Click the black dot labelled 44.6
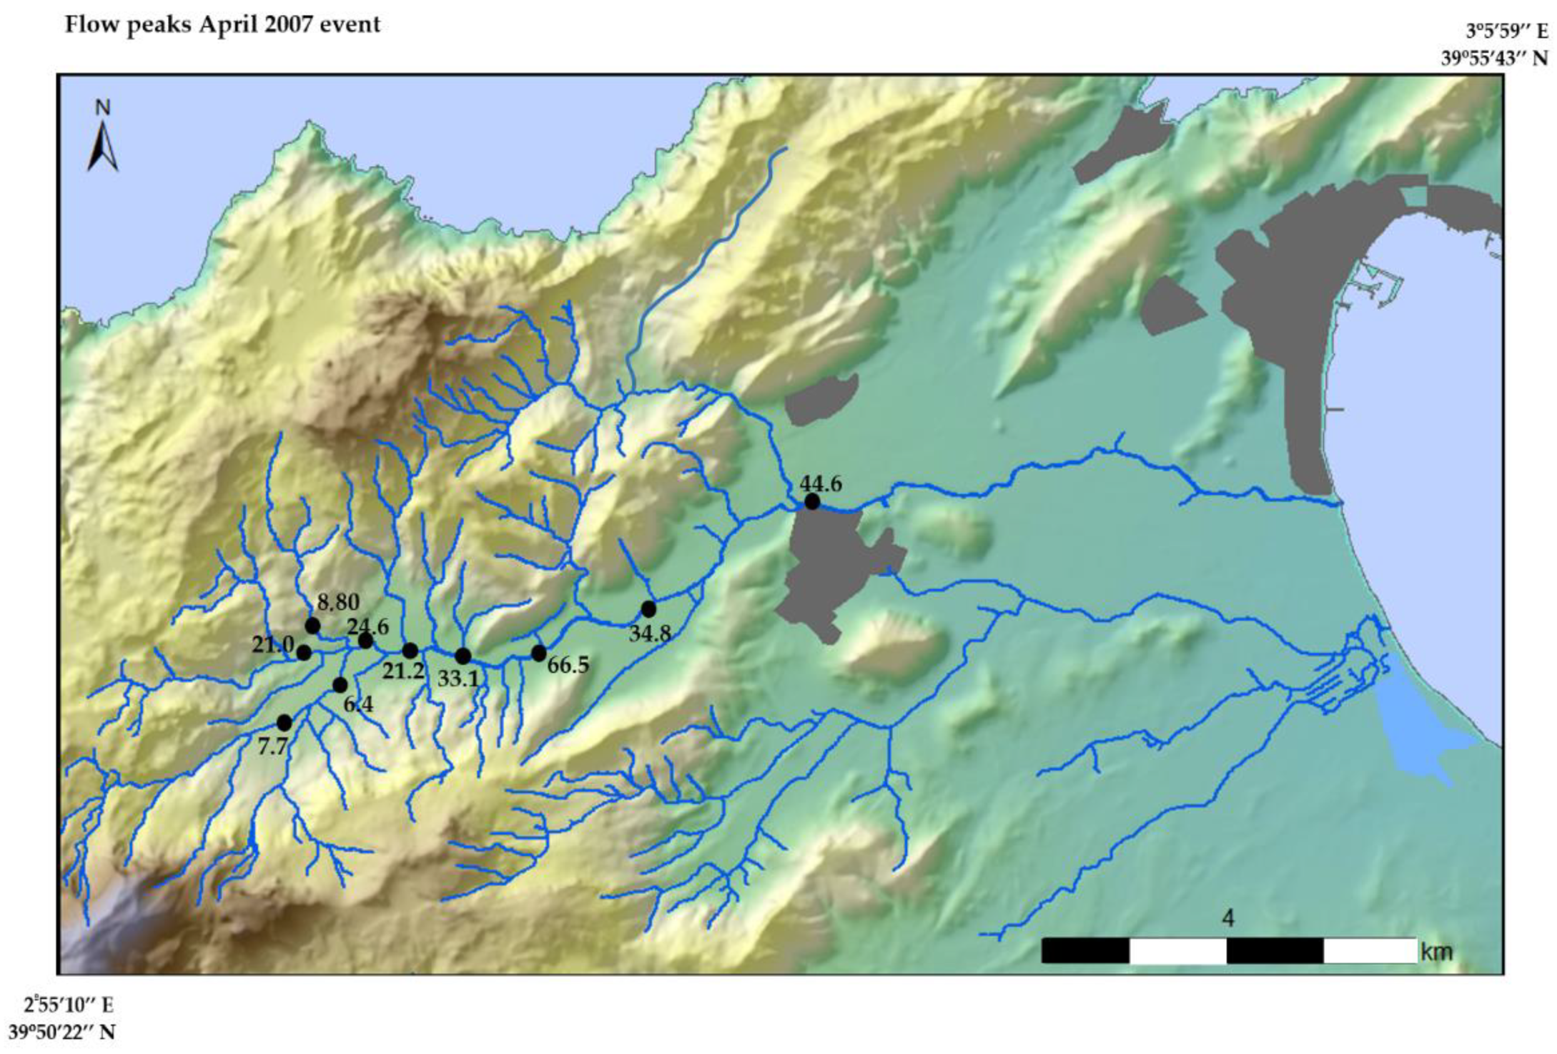(812, 501)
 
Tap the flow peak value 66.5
(568, 665)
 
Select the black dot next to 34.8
(648, 609)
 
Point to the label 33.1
(459, 679)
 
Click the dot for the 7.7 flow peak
(284, 723)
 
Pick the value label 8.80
(338, 602)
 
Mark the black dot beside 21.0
(304, 652)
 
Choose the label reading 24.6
(368, 627)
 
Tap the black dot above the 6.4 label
(340, 685)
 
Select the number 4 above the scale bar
(1228, 919)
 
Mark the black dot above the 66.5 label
(539, 654)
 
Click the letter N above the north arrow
(103, 108)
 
